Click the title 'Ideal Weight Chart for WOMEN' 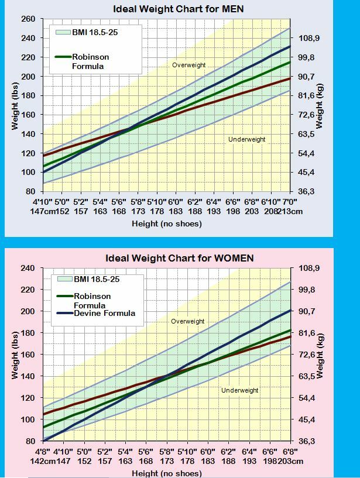(x=179, y=258)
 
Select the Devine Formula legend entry (x=104, y=313)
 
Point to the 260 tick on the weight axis (x=28, y=19)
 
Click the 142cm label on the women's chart (x=43, y=461)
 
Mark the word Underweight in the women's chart (x=239, y=390)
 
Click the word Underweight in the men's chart (x=246, y=139)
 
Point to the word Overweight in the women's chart (x=187, y=321)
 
